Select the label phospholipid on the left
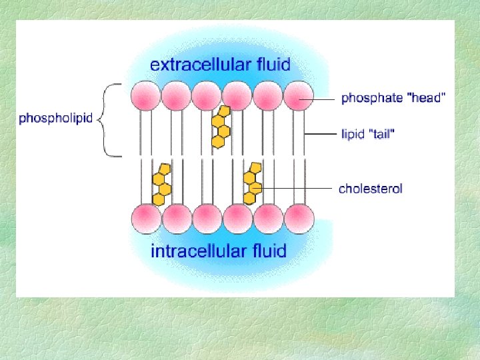pyautogui.click(x=57, y=119)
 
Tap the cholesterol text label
pyautogui.click(x=371, y=189)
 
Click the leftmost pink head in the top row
pyautogui.click(x=145, y=95)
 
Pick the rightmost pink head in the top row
pyautogui.click(x=299, y=95)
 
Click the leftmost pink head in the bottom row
pyautogui.click(x=145, y=218)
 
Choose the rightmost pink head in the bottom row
pyautogui.click(x=299, y=218)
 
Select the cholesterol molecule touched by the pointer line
pyautogui.click(x=252, y=183)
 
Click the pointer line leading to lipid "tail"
pyautogui.click(x=320, y=134)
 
